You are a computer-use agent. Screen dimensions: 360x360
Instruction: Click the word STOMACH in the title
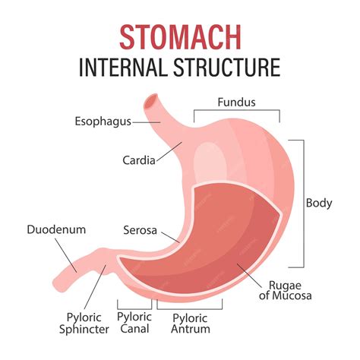point(180,37)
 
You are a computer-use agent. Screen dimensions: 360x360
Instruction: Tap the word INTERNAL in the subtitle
point(123,68)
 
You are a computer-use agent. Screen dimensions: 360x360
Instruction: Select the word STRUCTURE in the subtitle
point(227,68)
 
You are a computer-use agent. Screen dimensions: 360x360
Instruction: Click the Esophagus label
point(103,122)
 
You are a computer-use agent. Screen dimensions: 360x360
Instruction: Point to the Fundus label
point(236,103)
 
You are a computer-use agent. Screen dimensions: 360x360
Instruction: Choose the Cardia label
point(139,160)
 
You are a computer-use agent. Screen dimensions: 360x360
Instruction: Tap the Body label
point(319,204)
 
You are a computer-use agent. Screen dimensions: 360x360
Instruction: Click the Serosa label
point(140,230)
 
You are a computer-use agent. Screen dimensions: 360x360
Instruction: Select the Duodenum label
point(56,229)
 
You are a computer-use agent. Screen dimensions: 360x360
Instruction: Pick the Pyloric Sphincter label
point(84,324)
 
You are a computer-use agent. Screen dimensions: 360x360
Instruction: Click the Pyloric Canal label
point(134,323)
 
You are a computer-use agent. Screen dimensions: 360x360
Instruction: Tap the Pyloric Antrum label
point(191,324)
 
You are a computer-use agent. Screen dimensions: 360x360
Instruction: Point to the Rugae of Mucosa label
point(286,290)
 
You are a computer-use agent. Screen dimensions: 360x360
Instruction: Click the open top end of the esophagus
point(151,101)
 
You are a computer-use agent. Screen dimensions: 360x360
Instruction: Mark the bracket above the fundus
point(237,110)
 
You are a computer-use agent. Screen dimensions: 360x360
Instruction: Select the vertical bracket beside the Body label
point(304,204)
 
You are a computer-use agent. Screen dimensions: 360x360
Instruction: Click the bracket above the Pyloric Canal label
point(134,309)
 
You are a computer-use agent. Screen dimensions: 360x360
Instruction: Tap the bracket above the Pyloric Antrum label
point(190,309)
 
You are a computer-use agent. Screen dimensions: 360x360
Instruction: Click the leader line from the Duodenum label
point(66,255)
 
